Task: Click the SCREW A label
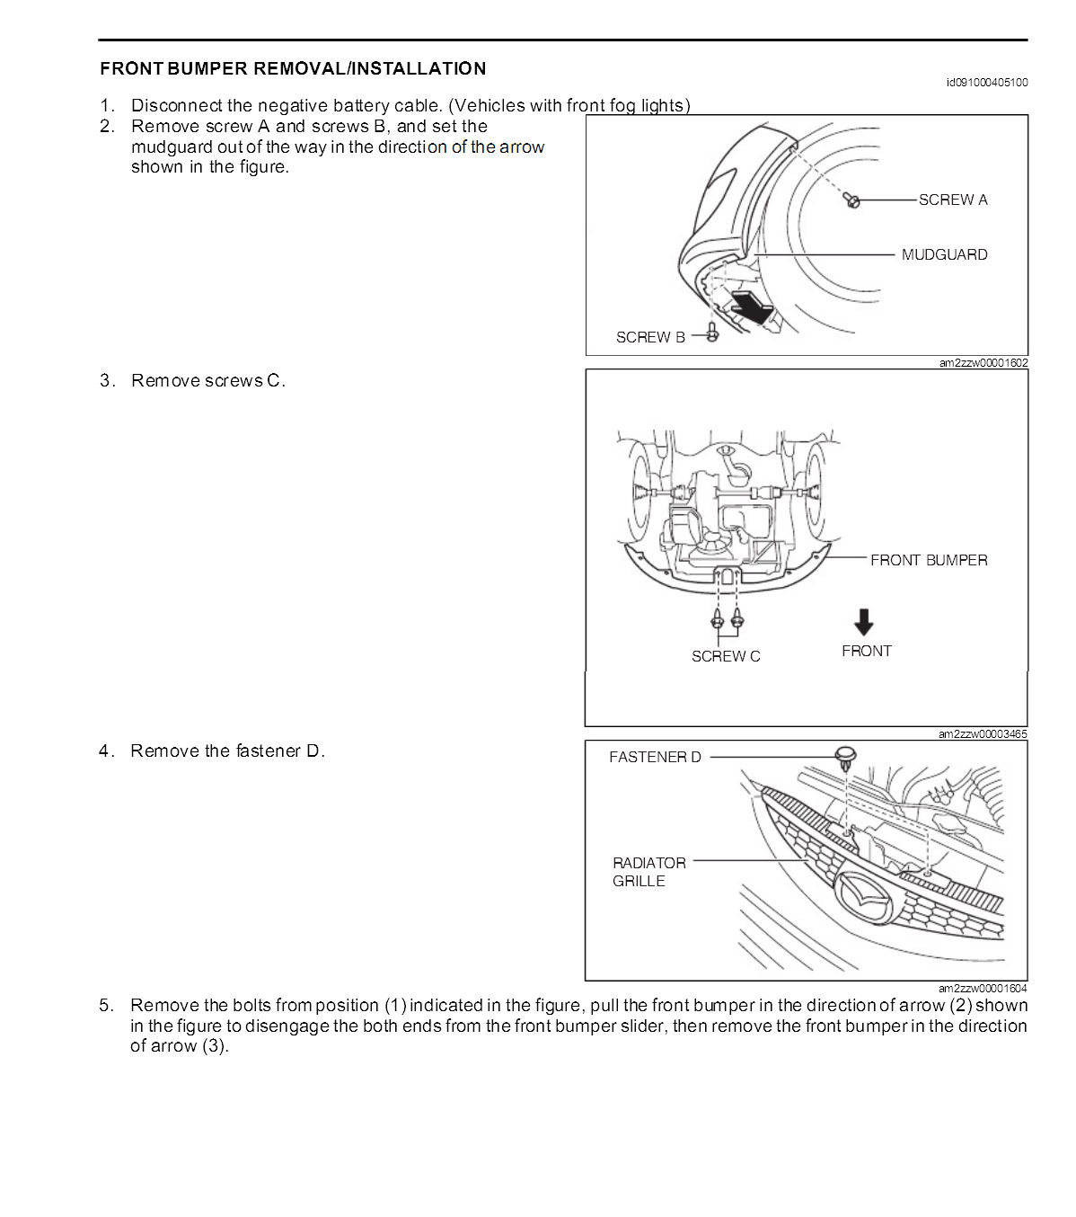coord(952,200)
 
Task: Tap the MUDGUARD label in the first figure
coord(944,254)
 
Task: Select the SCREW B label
coord(650,337)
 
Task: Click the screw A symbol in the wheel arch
coord(853,201)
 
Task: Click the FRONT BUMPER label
coord(929,560)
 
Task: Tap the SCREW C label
coord(726,656)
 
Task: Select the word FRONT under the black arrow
coord(867,651)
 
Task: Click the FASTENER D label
coord(655,757)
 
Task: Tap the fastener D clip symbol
coord(845,757)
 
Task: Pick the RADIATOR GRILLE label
coord(648,872)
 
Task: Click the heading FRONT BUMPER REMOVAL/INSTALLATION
coord(293,68)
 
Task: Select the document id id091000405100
coord(986,83)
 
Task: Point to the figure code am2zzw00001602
coord(983,363)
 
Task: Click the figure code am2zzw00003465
coord(983,734)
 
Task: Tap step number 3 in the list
coord(107,380)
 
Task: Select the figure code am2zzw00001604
coord(983,988)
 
